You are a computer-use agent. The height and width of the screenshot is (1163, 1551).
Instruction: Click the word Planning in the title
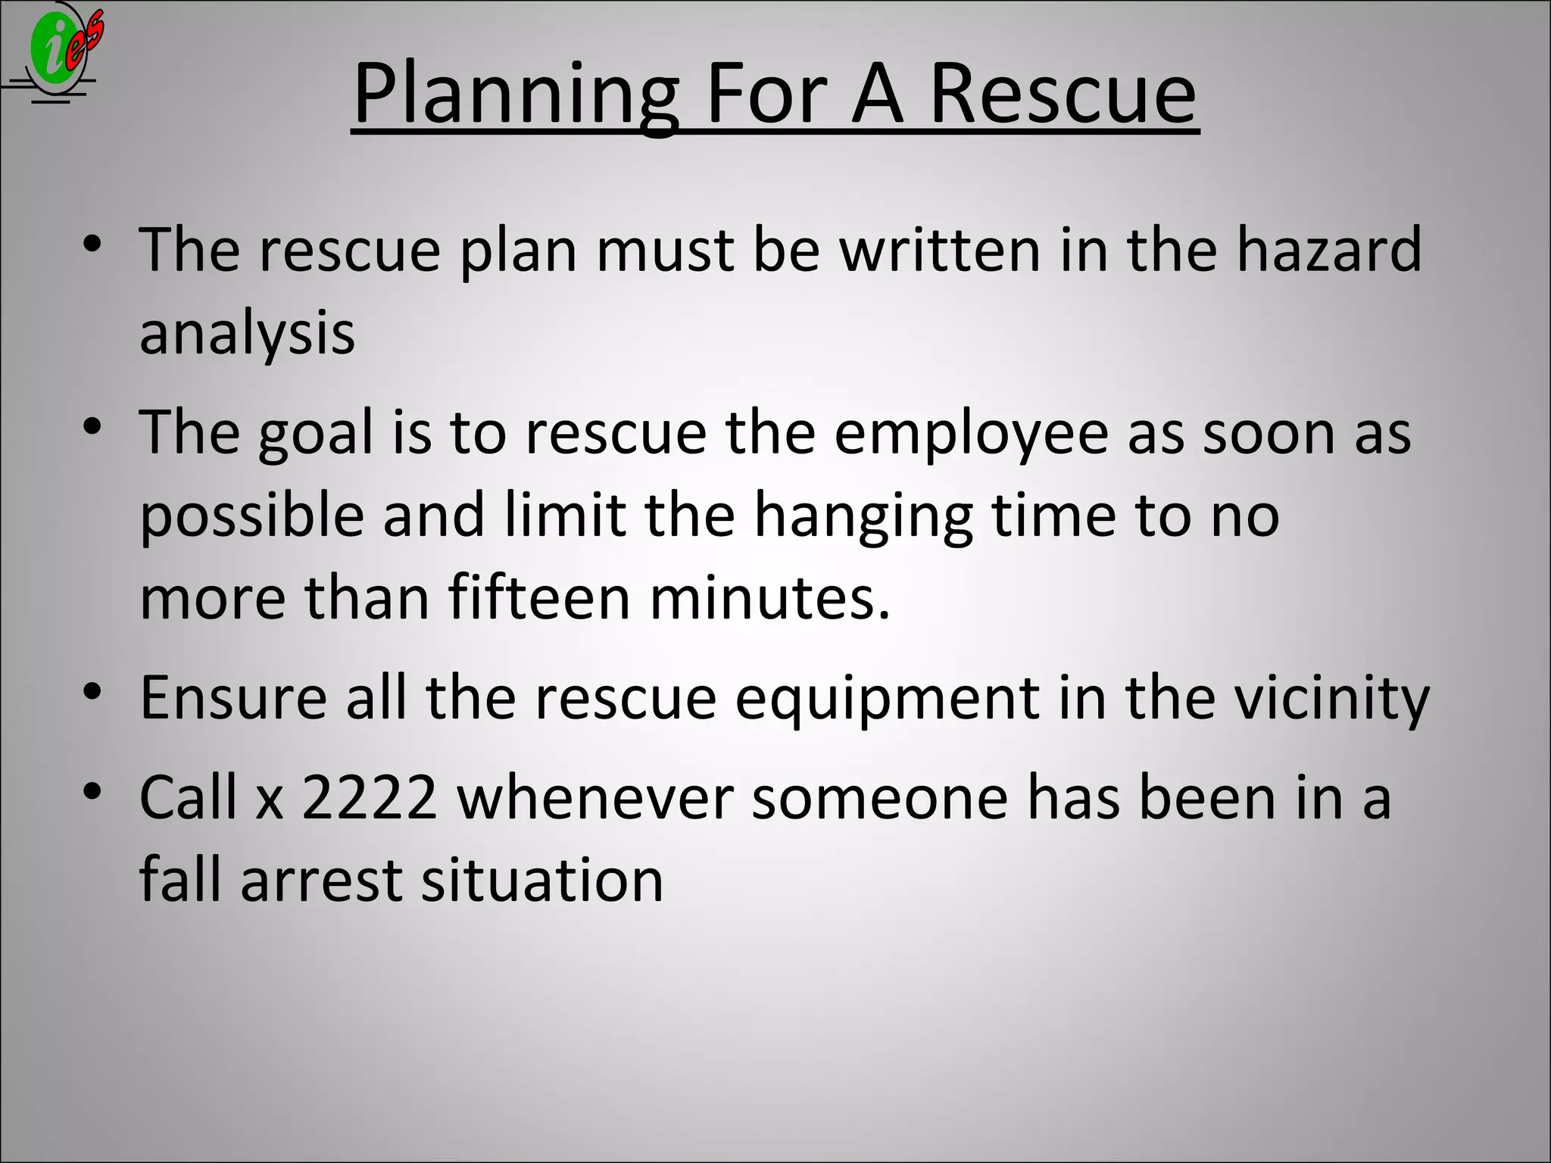tap(515, 95)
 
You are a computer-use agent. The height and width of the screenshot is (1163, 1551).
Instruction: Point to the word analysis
tap(247, 333)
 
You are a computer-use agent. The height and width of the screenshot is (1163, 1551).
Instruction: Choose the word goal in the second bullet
tap(317, 433)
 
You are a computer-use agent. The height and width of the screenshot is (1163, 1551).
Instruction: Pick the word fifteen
tap(539, 597)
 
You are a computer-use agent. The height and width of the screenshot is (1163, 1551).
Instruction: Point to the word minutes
tap(769, 597)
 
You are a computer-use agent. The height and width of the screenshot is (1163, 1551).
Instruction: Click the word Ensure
tap(233, 697)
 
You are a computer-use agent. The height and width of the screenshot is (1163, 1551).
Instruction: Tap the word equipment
tap(887, 699)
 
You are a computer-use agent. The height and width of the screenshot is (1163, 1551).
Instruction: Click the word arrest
tap(322, 880)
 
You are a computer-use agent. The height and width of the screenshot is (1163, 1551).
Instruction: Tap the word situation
tap(542, 880)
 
